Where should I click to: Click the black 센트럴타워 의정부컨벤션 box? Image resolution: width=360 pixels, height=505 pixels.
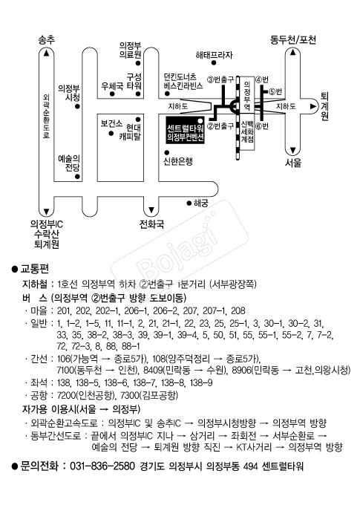(x=186, y=129)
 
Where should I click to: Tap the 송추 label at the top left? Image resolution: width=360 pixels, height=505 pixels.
(x=47, y=39)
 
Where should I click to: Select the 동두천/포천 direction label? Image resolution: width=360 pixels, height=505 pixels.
(x=293, y=39)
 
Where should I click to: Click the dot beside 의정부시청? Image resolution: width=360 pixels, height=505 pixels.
(x=77, y=107)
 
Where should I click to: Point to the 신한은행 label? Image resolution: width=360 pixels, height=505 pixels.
(x=178, y=161)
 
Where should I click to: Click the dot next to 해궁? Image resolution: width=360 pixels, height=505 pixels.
(x=189, y=203)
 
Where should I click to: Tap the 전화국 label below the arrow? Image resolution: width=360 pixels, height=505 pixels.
(x=151, y=224)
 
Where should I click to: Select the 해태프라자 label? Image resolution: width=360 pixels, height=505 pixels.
(x=214, y=55)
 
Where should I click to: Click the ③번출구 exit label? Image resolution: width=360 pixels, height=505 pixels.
(x=220, y=79)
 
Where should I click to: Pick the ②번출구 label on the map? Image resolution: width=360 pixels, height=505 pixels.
(x=220, y=126)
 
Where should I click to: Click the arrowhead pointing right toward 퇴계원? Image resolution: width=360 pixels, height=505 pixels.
(x=312, y=106)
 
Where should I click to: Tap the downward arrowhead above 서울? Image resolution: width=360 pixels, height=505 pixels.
(x=293, y=151)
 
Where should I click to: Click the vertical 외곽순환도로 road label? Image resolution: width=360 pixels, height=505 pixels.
(x=46, y=116)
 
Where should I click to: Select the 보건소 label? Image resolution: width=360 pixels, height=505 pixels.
(x=111, y=123)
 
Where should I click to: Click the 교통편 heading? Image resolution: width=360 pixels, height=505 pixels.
(x=34, y=269)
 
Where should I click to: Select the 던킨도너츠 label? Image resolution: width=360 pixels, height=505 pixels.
(x=180, y=77)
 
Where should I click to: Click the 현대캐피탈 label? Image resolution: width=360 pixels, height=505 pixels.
(x=131, y=131)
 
